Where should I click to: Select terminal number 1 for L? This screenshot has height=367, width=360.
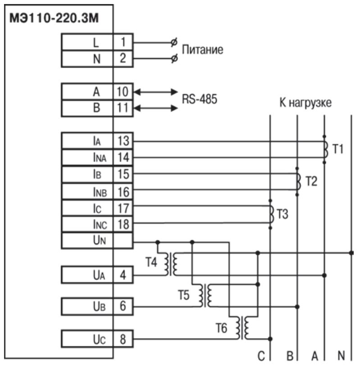click(x=123, y=42)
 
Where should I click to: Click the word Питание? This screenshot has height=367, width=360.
click(x=202, y=50)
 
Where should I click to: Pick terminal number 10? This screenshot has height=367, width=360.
click(x=123, y=92)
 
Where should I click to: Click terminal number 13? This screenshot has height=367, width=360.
click(x=123, y=141)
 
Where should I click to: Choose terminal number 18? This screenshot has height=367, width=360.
click(x=123, y=224)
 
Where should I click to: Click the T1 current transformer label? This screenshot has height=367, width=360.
click(x=337, y=149)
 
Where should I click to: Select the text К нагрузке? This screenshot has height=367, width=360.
click(x=305, y=103)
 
